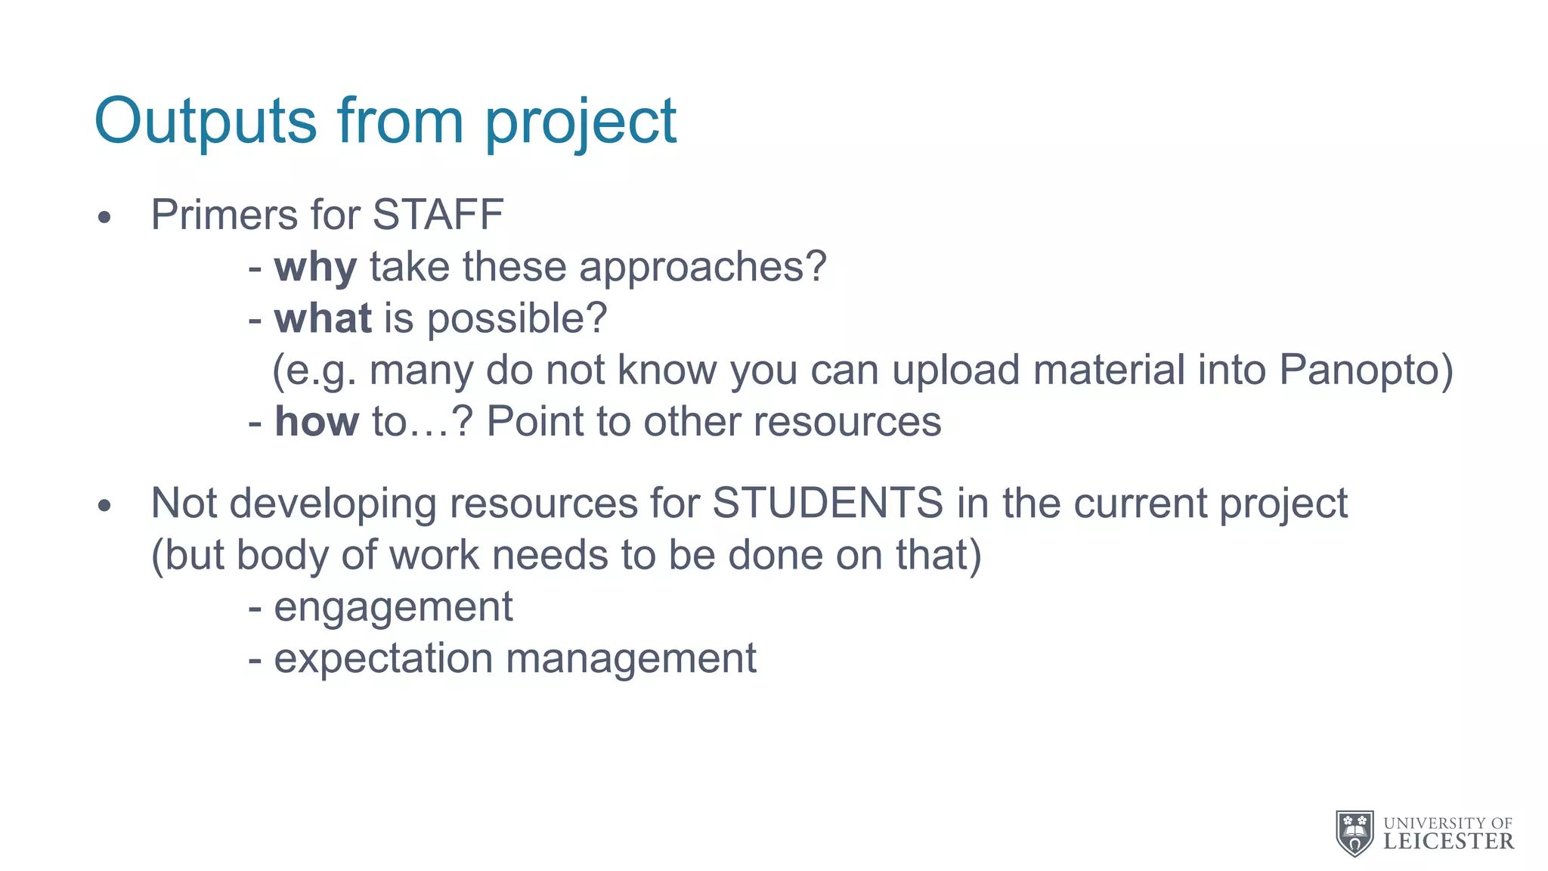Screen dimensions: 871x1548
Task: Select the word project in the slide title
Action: click(580, 122)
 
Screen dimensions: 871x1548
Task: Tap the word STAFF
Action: click(438, 215)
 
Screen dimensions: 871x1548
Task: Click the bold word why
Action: click(315, 268)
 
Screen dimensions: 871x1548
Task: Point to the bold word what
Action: click(323, 318)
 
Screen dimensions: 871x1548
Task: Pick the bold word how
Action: click(317, 421)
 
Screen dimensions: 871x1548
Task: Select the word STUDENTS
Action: click(828, 504)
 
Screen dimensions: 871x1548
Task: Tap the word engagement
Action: click(393, 607)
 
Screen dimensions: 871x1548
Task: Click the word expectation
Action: click(383, 659)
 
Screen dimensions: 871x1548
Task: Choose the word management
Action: click(631, 659)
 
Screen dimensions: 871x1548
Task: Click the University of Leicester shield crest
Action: click(1354, 832)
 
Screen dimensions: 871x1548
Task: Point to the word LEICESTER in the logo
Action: click(1448, 842)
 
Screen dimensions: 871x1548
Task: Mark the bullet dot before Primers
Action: click(104, 218)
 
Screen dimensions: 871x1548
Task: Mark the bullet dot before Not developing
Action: click(104, 506)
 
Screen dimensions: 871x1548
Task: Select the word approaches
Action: click(702, 268)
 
